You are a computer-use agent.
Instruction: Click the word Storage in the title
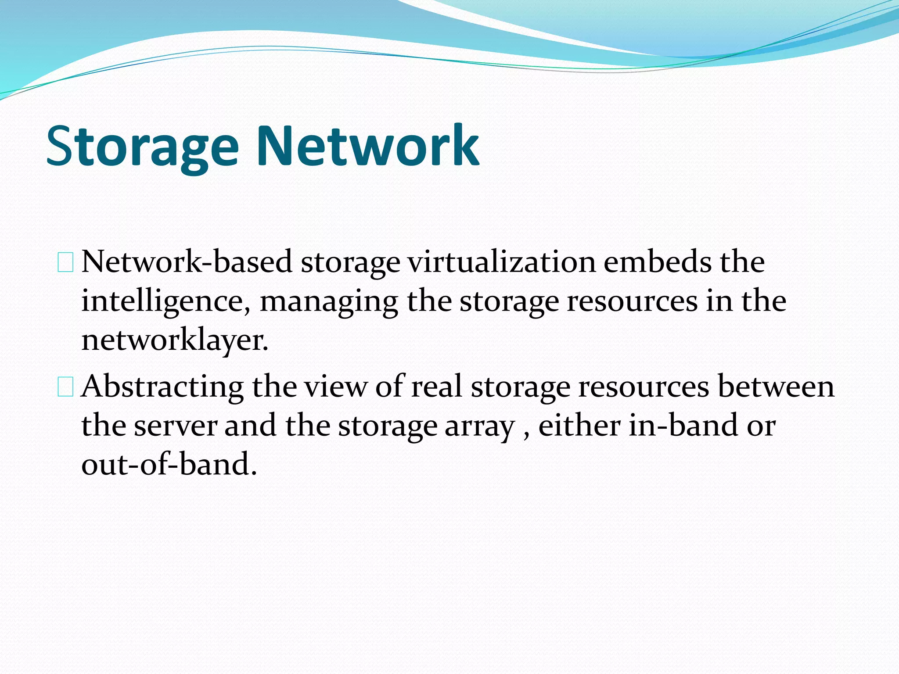coord(142,147)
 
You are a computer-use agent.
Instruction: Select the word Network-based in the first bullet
coord(187,262)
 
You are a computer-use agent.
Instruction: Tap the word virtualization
coord(501,262)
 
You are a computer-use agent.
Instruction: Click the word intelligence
coord(166,302)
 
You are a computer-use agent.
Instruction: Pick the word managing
coord(329,302)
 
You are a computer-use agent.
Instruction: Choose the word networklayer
coord(175,341)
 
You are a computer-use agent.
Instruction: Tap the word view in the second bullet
coord(336,387)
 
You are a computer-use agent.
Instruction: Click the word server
coord(176,426)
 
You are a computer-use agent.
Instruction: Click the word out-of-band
coord(169,464)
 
